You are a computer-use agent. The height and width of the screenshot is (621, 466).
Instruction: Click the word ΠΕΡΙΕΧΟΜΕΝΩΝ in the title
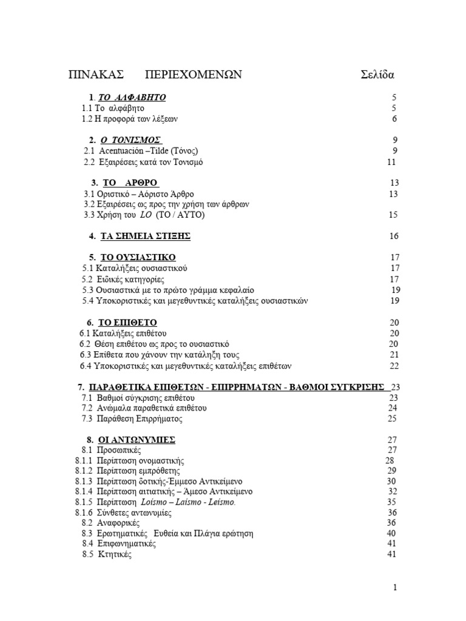pyautogui.click(x=194, y=75)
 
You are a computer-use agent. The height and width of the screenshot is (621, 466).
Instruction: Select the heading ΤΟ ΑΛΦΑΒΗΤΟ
pyautogui.click(x=132, y=98)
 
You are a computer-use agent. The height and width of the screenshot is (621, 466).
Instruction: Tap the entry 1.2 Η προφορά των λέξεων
pyautogui.click(x=130, y=119)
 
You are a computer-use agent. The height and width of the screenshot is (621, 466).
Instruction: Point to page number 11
pyautogui.click(x=391, y=162)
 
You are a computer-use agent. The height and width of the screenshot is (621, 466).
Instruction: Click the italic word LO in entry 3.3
pyautogui.click(x=146, y=215)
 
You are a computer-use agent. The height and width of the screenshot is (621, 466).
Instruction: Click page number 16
pyautogui.click(x=394, y=237)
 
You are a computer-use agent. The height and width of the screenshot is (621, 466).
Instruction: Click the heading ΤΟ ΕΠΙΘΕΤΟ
pyautogui.click(x=131, y=323)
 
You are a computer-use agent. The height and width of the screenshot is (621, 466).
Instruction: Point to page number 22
pyautogui.click(x=394, y=366)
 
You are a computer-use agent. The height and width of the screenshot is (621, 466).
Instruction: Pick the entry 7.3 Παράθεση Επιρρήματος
pyautogui.click(x=132, y=418)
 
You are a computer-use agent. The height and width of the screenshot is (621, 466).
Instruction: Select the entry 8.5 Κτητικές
pyautogui.click(x=107, y=554)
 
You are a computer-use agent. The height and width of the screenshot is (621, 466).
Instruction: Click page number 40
pyautogui.click(x=391, y=533)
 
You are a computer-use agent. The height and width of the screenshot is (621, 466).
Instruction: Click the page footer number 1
pyautogui.click(x=395, y=587)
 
